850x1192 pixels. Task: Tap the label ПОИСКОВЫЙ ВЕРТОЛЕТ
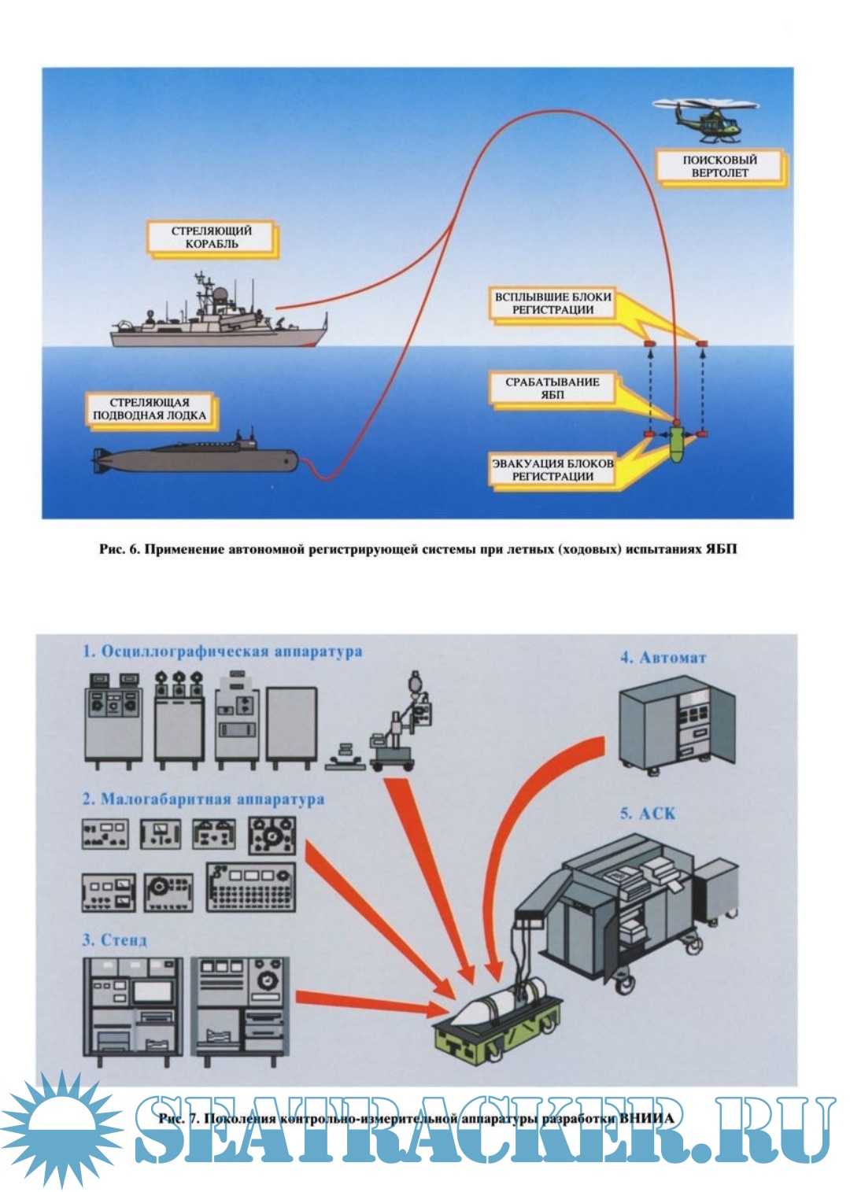pyautogui.click(x=719, y=166)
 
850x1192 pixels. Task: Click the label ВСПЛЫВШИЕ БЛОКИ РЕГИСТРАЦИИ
pyautogui.click(x=552, y=304)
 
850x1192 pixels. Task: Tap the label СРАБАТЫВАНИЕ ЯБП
pyautogui.click(x=552, y=388)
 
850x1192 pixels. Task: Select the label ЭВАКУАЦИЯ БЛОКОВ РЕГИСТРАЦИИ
pyautogui.click(x=552, y=470)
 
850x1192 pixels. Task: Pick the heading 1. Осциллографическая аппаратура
pyautogui.click(x=223, y=651)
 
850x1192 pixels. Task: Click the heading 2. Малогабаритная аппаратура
pyautogui.click(x=203, y=799)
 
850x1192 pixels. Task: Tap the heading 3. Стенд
pyautogui.click(x=115, y=939)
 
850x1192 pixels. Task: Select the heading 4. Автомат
pyautogui.click(x=663, y=658)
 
